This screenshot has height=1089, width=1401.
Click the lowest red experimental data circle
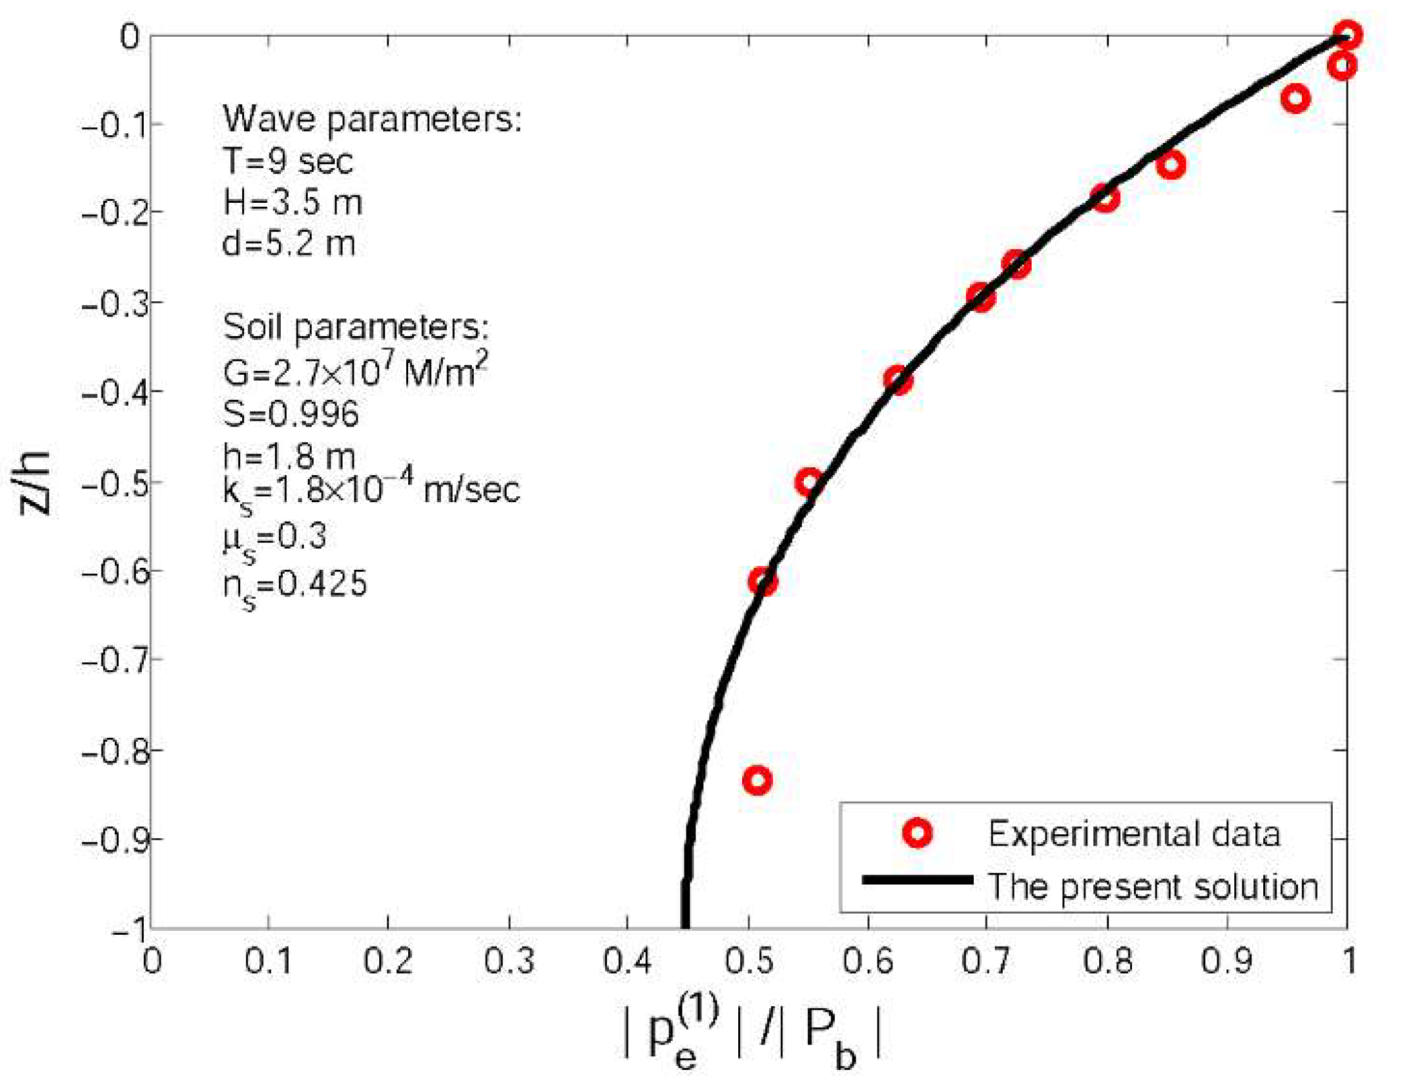pyautogui.click(x=757, y=780)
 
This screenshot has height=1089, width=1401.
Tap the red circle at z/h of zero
pyautogui.click(x=1347, y=34)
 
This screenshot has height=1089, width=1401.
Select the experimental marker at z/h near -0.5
pyautogui.click(x=809, y=482)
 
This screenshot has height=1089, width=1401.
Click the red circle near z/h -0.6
pyautogui.click(x=763, y=581)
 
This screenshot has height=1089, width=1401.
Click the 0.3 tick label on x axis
pyautogui.click(x=509, y=961)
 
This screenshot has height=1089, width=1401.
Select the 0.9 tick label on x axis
pyautogui.click(x=1226, y=961)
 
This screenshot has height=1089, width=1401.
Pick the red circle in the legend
pyautogui.click(x=917, y=833)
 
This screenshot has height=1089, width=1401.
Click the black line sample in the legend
pyautogui.click(x=917, y=880)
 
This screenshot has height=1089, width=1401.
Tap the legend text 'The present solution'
pyautogui.click(x=1152, y=886)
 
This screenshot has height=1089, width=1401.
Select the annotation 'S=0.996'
pyautogui.click(x=291, y=414)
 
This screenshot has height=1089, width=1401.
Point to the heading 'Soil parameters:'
pyautogui.click(x=356, y=326)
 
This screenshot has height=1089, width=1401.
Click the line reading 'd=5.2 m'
pyautogui.click(x=289, y=244)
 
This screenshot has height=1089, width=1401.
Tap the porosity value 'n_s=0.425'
pyautogui.click(x=295, y=585)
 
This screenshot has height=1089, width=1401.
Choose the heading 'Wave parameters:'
pyautogui.click(x=372, y=119)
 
